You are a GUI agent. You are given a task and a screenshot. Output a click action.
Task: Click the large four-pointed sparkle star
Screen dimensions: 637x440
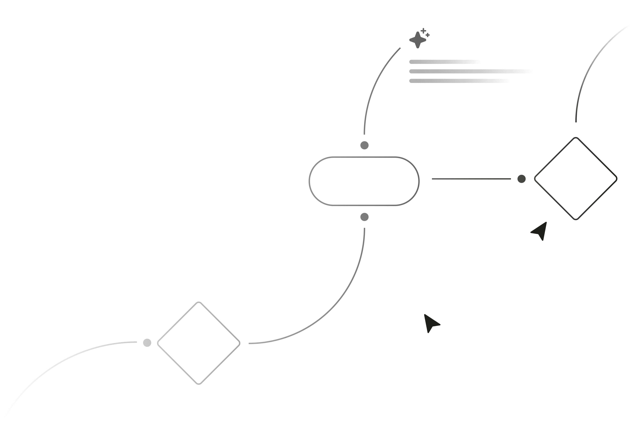(417, 40)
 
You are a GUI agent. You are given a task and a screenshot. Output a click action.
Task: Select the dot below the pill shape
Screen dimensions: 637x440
(364, 217)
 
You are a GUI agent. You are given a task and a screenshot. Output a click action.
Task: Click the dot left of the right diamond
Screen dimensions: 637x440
(521, 179)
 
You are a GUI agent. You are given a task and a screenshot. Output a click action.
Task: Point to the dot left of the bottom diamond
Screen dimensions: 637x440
(147, 343)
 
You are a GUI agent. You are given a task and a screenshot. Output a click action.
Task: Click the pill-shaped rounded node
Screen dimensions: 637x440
(364, 181)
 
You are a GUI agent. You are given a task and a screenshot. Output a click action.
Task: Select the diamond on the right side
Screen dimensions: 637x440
(576, 179)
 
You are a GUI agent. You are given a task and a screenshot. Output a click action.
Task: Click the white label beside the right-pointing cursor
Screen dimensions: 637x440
(510, 251)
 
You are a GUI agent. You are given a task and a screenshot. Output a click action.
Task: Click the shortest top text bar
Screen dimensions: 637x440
(442, 62)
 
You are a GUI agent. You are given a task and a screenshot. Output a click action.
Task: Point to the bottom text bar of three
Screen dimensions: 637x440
(456, 81)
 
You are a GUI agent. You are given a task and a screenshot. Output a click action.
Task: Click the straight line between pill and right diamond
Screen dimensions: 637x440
(471, 179)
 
